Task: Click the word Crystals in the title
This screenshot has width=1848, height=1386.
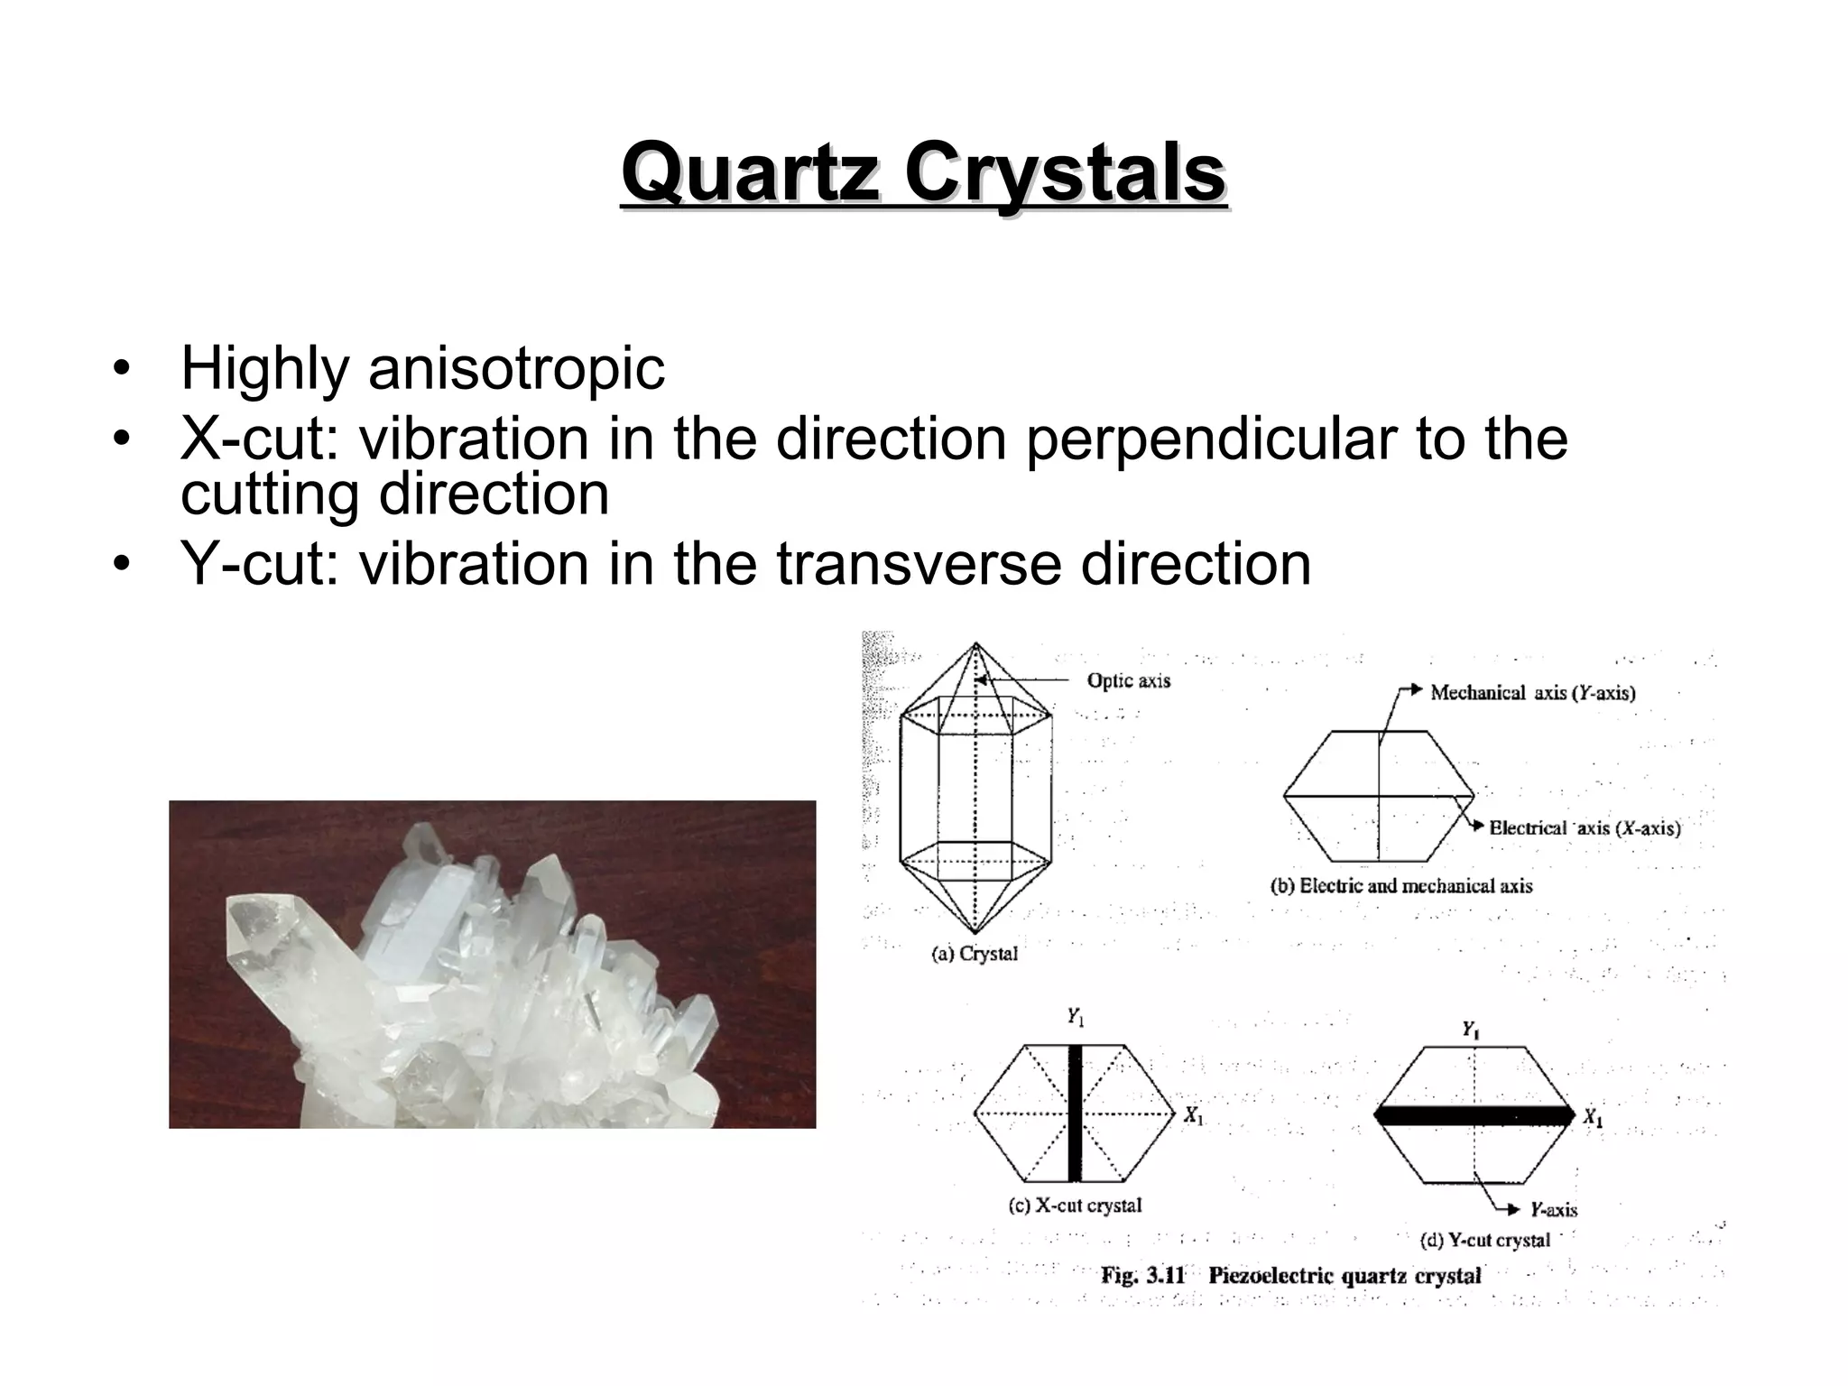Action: point(1065,173)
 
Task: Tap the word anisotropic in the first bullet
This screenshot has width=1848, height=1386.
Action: point(516,369)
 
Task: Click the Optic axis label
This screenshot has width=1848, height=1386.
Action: point(1128,680)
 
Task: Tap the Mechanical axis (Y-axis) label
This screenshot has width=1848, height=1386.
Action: point(1532,693)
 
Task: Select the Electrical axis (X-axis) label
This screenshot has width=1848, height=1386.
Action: point(1585,828)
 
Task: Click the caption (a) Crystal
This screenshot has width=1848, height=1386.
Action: point(974,954)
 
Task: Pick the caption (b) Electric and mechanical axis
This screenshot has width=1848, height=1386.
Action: point(1401,886)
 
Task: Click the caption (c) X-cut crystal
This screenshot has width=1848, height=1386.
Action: point(1075,1206)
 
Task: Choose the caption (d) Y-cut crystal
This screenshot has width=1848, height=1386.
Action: point(1484,1241)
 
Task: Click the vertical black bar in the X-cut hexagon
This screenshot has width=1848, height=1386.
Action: point(1074,1113)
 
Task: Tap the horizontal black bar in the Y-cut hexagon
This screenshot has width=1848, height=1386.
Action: point(1474,1115)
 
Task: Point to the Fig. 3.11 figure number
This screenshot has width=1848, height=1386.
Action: point(1142,1276)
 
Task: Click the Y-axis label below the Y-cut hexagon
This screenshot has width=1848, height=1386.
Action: point(1553,1210)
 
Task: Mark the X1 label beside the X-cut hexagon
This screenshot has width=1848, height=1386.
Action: point(1194,1116)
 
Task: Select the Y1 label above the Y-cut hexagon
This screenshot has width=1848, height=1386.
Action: point(1470,1030)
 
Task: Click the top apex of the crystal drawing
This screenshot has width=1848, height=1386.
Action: point(975,643)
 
